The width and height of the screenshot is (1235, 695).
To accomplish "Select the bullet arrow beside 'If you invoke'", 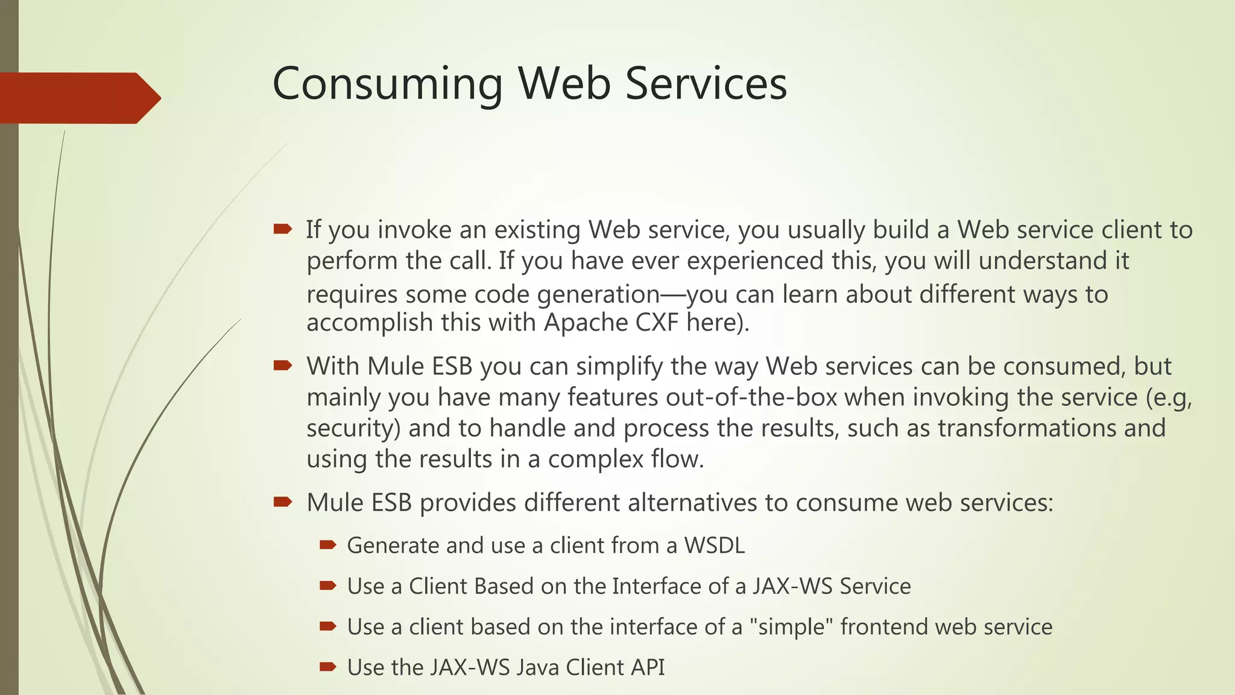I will [x=282, y=229].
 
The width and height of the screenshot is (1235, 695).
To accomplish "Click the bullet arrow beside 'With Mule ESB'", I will [x=282, y=365].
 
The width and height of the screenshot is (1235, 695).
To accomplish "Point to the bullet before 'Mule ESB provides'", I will [x=282, y=501].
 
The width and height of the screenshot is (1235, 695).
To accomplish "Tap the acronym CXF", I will [x=657, y=322].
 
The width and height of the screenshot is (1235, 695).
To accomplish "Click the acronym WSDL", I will [x=714, y=545].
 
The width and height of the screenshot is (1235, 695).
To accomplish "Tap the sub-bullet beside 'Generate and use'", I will [x=327, y=545].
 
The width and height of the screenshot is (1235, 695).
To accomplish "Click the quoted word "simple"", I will [x=791, y=627].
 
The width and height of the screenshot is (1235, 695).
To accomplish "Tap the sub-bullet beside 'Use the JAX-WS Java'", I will [x=327, y=667].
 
